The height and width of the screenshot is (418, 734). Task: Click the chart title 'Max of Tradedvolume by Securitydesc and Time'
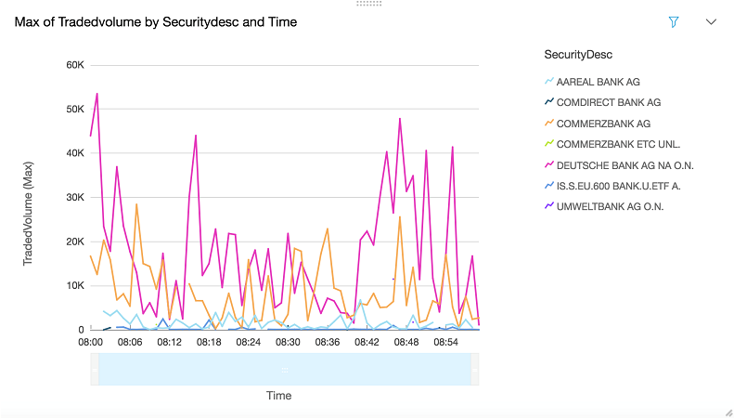point(156,21)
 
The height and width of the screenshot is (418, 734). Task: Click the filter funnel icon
point(675,21)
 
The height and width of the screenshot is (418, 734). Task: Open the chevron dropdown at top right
point(712,21)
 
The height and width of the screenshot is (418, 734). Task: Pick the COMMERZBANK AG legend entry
point(603,124)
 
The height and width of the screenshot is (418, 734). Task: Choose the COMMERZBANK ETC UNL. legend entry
point(618,144)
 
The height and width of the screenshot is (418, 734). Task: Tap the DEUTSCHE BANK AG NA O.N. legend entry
point(625,165)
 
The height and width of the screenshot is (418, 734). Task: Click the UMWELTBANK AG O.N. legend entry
point(610,206)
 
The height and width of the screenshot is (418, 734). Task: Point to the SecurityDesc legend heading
point(577,54)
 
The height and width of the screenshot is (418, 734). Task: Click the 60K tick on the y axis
point(75,65)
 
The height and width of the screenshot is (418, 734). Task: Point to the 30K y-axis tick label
point(75,198)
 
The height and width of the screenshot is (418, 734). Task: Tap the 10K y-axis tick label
point(75,286)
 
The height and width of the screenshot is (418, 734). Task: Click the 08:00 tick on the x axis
point(90,343)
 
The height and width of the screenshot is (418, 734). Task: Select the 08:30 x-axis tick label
point(289,343)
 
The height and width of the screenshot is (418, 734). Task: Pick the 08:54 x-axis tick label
point(446,343)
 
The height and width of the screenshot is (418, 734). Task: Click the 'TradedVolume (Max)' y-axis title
point(28,213)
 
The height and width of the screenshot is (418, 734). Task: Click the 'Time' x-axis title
point(279,396)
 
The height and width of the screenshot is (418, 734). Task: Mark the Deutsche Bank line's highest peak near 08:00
point(97,93)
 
